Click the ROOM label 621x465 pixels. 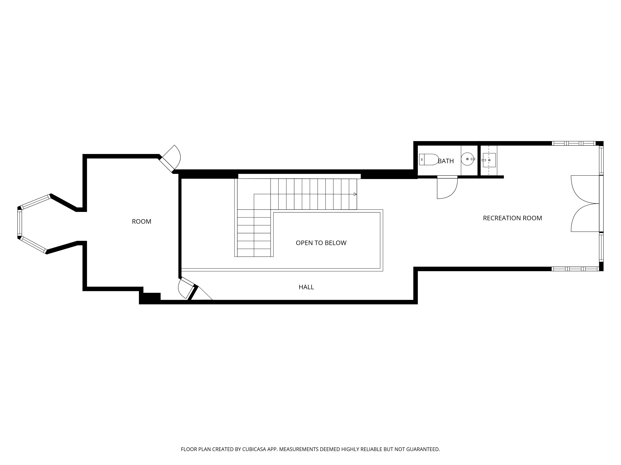(x=141, y=221)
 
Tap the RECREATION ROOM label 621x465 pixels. (x=512, y=218)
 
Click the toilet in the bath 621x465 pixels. (x=429, y=159)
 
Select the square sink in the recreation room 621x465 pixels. (x=489, y=160)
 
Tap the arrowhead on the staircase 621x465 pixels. (x=355, y=194)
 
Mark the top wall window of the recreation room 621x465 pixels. (x=573, y=143)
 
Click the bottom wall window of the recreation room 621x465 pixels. (x=575, y=269)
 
